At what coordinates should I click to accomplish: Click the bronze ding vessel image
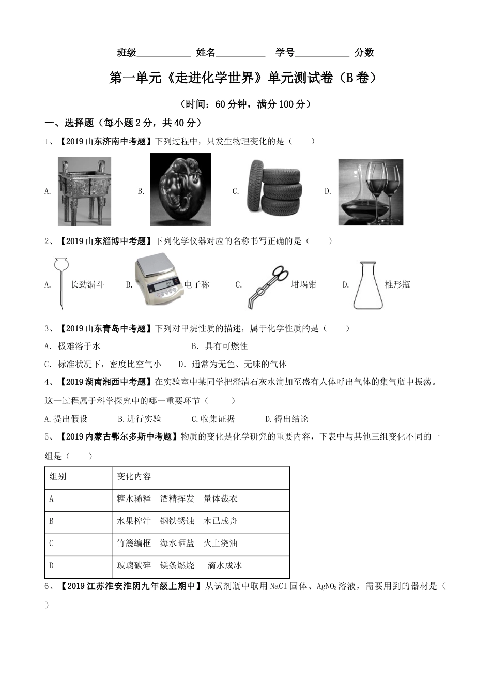(84, 192)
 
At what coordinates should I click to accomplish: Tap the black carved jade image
(180, 189)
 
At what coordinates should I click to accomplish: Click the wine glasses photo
(370, 192)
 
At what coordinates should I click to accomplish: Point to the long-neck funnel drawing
(60, 283)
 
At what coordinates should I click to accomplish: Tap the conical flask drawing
(368, 285)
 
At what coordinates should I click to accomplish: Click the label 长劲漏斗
(87, 284)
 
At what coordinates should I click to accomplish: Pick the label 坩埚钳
(303, 284)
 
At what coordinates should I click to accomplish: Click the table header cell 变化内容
(134, 476)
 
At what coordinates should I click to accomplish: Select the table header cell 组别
(58, 476)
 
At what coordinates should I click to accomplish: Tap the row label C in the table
(52, 543)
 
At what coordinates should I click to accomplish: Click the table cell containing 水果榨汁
(134, 521)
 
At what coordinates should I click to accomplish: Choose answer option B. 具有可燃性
(220, 346)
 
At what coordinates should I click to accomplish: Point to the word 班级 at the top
(127, 52)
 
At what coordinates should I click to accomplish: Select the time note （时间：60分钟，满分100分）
(245, 104)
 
